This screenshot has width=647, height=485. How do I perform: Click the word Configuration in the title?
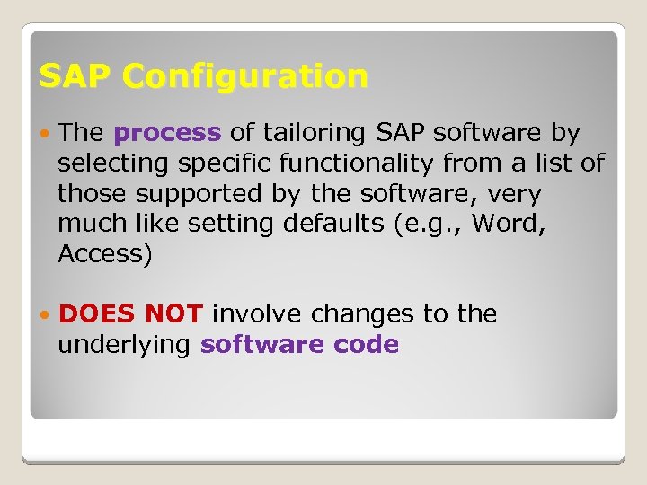click(245, 77)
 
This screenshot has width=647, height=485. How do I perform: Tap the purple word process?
click(167, 134)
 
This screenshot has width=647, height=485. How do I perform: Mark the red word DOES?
click(97, 314)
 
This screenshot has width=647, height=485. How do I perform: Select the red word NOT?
click(174, 314)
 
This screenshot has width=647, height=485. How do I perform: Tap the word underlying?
click(125, 346)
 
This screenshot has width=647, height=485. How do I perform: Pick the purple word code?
click(367, 345)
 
